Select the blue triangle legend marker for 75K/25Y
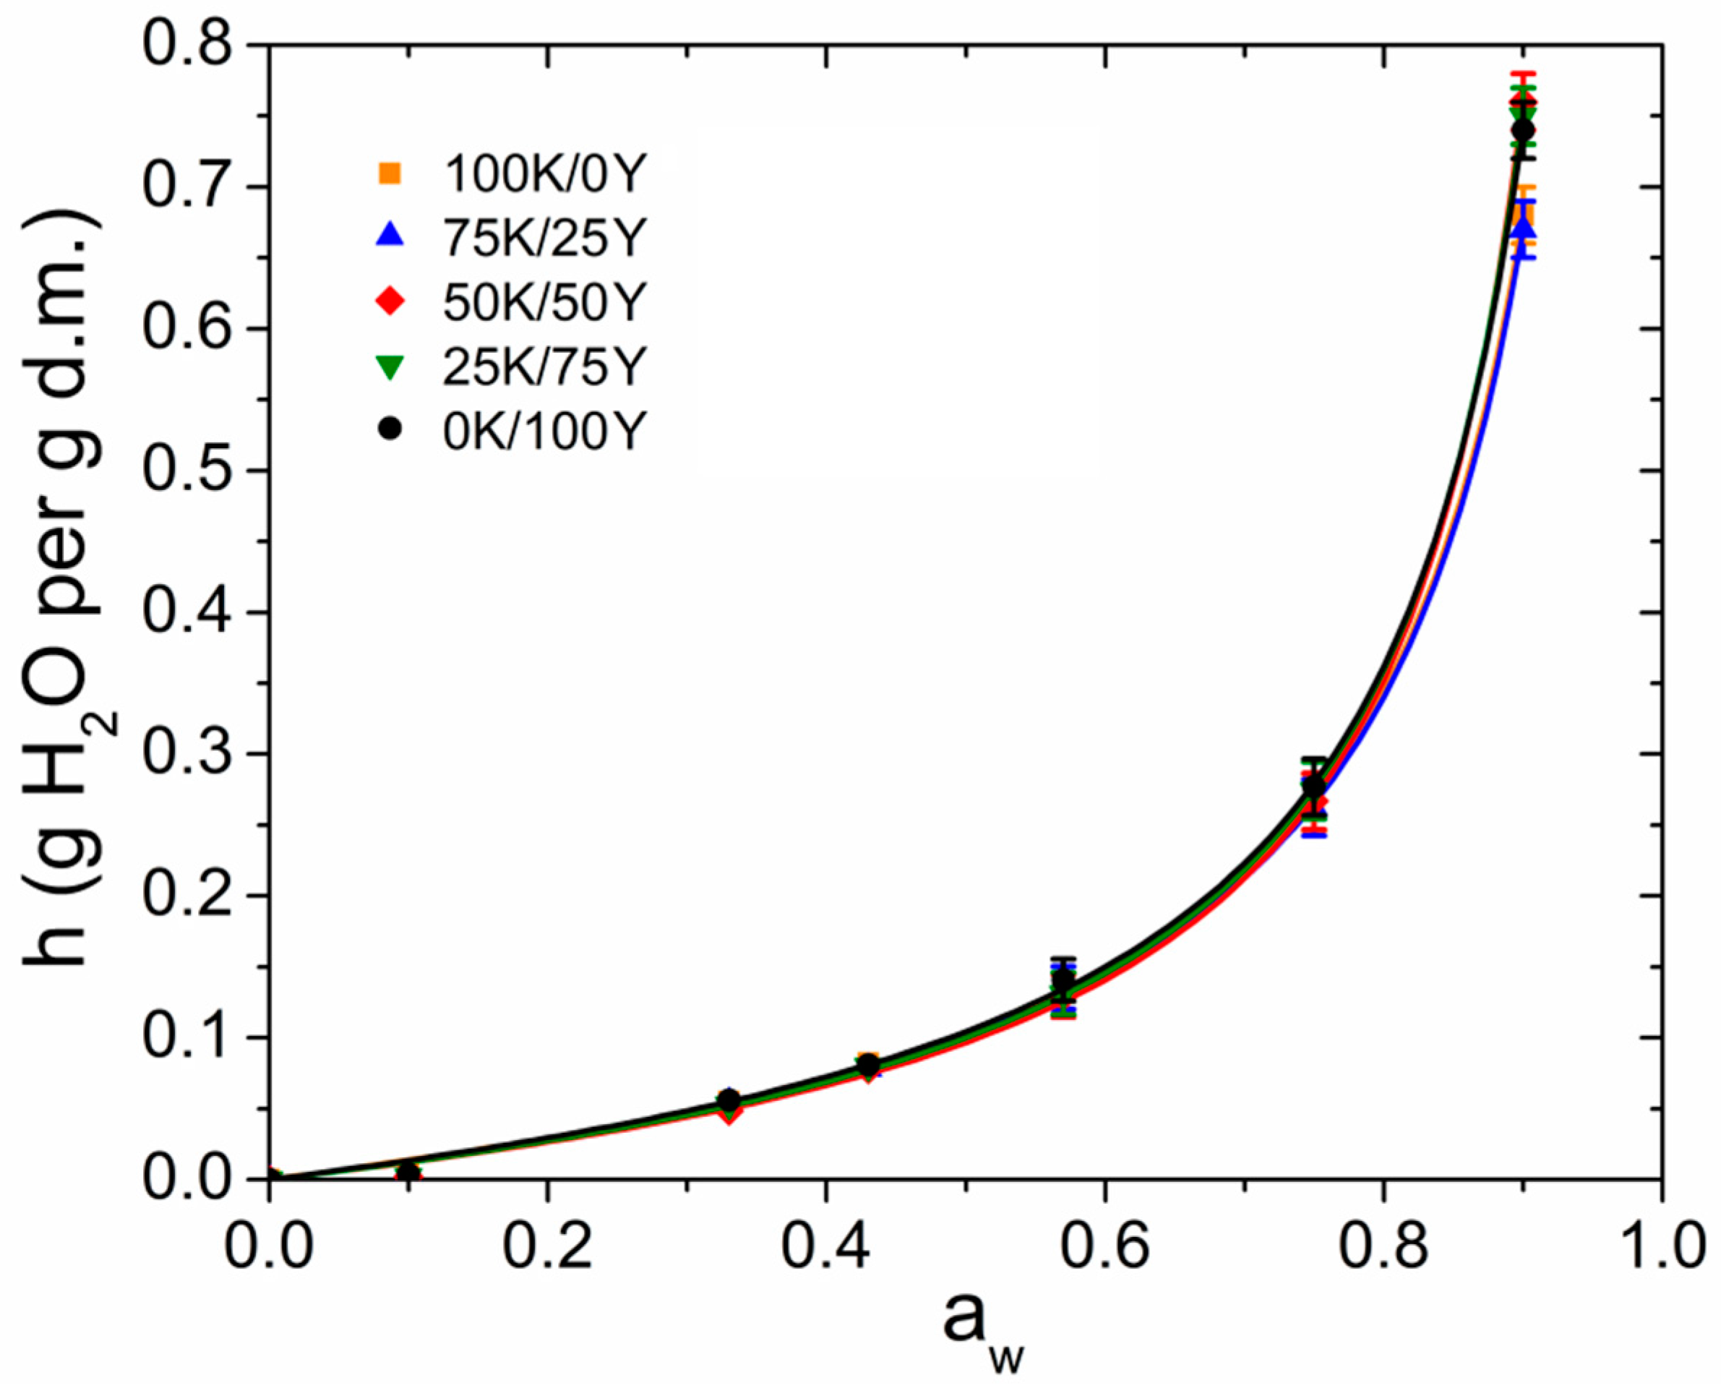(390, 236)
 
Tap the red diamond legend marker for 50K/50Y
(390, 301)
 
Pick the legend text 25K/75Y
(543, 367)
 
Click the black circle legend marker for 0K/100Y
(390, 429)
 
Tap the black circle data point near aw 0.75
(1314, 787)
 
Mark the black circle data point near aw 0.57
(1063, 980)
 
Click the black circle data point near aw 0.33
(728, 1100)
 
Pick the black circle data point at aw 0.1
(408, 1172)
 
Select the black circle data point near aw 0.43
(868, 1065)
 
